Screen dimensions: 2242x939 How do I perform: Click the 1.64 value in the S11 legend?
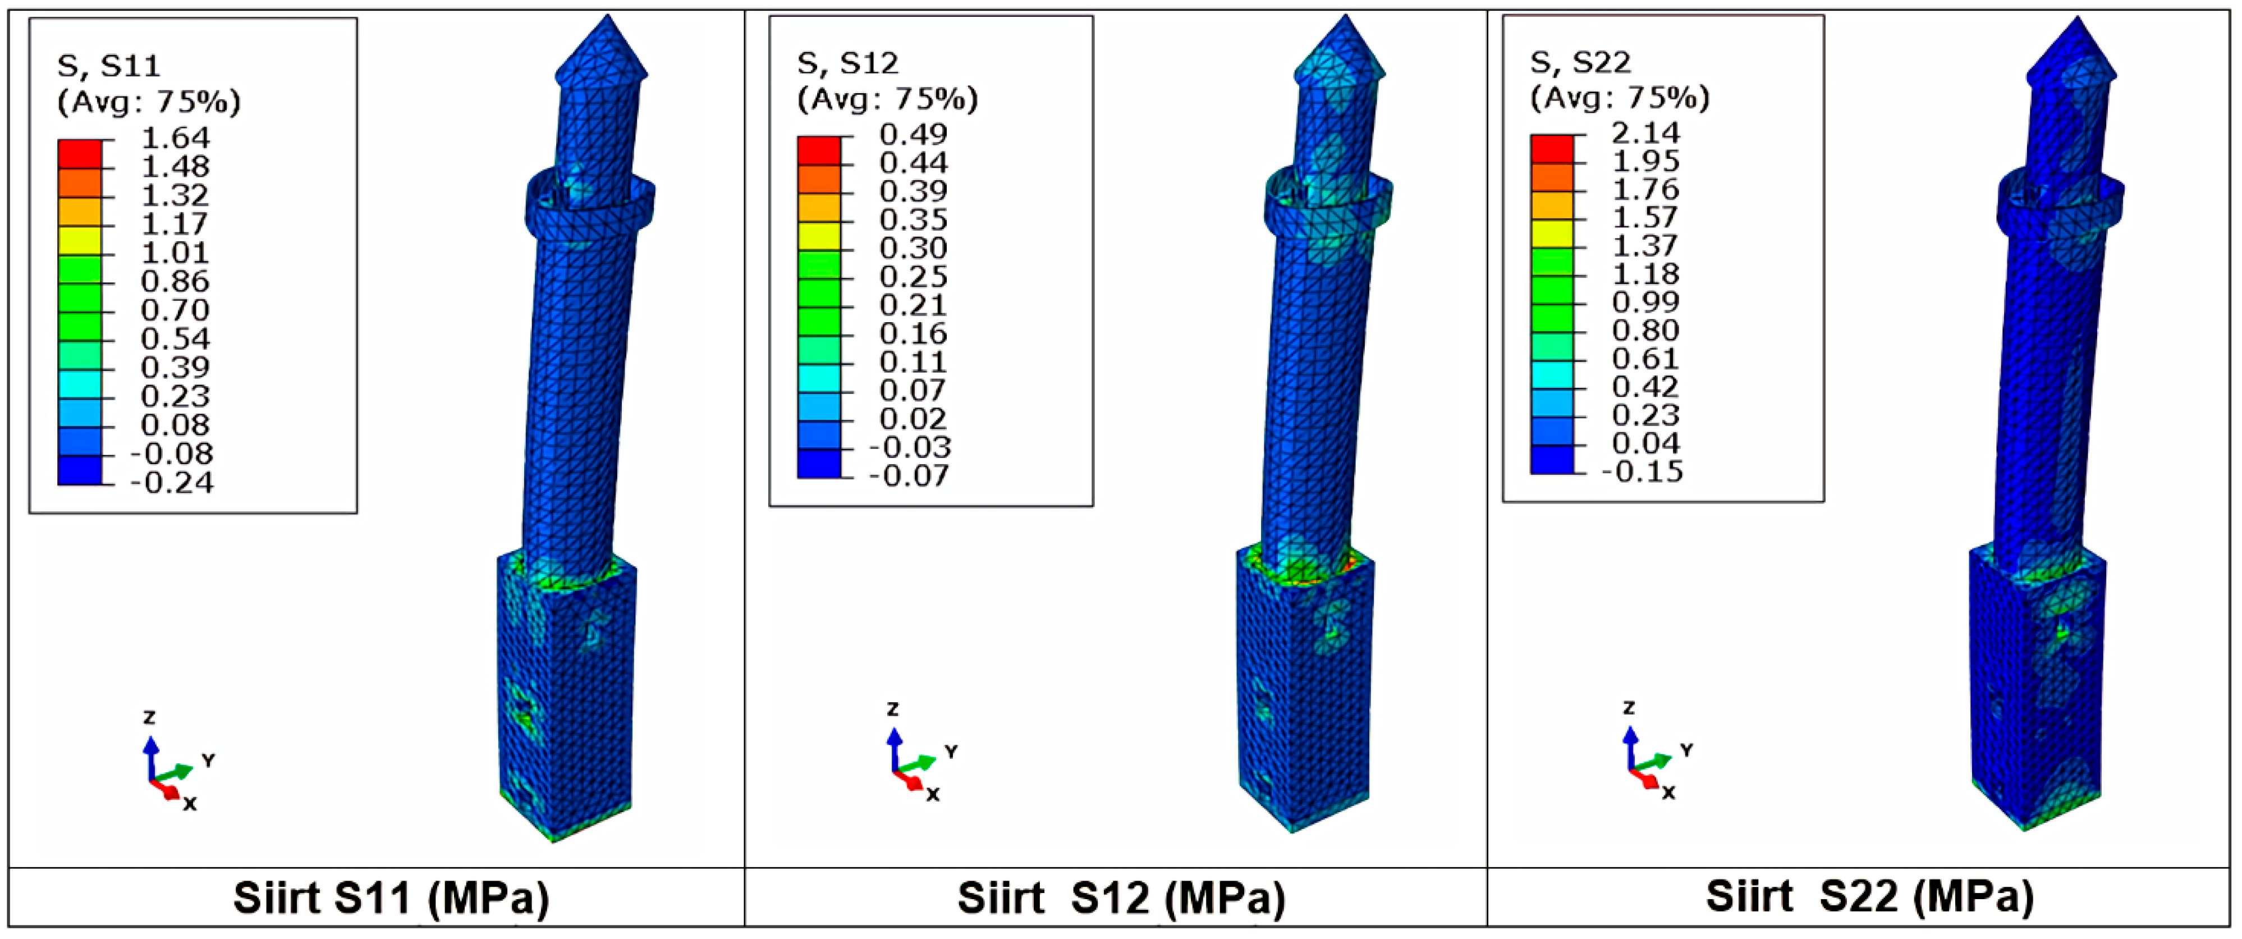[x=176, y=138]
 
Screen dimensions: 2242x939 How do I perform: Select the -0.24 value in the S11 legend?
[x=172, y=482]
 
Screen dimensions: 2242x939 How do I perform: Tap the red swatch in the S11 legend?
[x=80, y=153]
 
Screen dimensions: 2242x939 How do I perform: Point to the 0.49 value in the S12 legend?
[x=914, y=134]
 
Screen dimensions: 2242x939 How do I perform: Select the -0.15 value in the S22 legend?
[x=1642, y=471]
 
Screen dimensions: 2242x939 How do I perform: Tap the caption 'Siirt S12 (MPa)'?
[x=1121, y=898]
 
